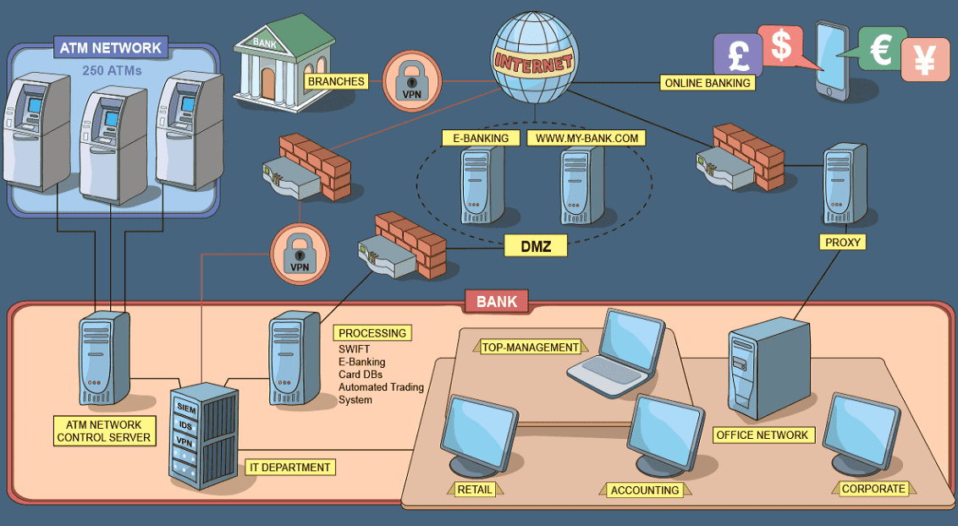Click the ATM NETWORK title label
click(111, 47)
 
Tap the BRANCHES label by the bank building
click(336, 82)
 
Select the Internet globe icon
click(534, 60)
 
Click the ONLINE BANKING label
click(707, 83)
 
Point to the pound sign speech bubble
click(737, 56)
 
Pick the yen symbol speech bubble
click(924, 60)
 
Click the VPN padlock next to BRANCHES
click(411, 81)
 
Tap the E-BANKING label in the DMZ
click(480, 138)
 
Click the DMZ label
click(535, 246)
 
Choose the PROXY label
click(842, 242)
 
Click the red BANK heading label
click(497, 301)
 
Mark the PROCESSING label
click(373, 333)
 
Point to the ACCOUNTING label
click(645, 490)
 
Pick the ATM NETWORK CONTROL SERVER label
click(103, 430)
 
